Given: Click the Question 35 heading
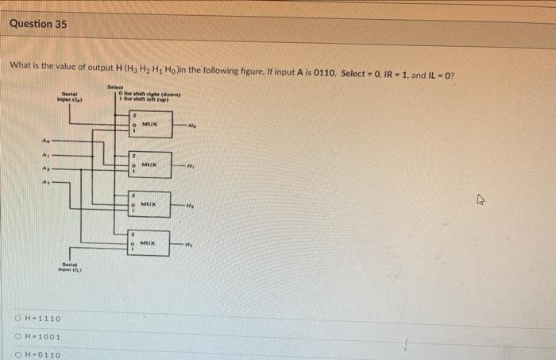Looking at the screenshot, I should tap(38, 24).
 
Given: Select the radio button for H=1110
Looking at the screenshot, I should tap(17, 319).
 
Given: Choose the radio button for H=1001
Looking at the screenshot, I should tap(17, 336).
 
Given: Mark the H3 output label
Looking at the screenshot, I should tap(191, 243).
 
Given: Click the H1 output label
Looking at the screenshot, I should tap(190, 165).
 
